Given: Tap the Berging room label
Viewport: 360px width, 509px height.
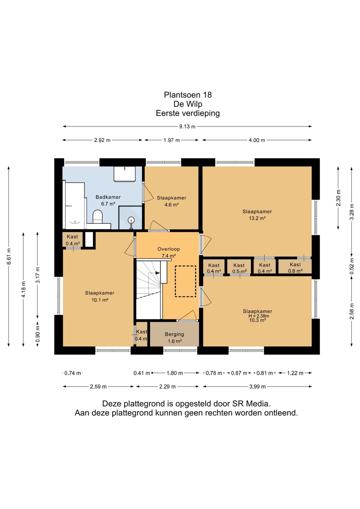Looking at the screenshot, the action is (x=174, y=334).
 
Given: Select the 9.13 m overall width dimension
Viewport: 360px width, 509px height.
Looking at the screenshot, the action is (x=187, y=126).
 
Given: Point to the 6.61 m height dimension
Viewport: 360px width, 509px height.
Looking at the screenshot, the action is (x=9, y=256).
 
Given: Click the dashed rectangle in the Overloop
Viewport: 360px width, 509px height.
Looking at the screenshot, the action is (x=185, y=281).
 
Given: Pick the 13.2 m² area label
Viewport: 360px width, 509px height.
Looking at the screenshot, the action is (x=257, y=218).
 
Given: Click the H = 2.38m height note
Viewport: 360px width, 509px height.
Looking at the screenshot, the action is (x=259, y=316).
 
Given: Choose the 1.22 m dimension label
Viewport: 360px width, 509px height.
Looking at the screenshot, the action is (x=295, y=373).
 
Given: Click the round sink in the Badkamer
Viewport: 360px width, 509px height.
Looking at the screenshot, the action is (x=131, y=220).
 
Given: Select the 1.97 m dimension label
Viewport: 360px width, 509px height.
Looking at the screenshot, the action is (x=172, y=140).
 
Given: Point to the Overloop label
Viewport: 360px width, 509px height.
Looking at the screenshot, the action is (x=169, y=249).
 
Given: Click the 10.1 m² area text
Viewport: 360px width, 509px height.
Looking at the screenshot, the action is (x=100, y=300).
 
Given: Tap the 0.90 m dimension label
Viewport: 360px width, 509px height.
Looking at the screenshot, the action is (x=38, y=334).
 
